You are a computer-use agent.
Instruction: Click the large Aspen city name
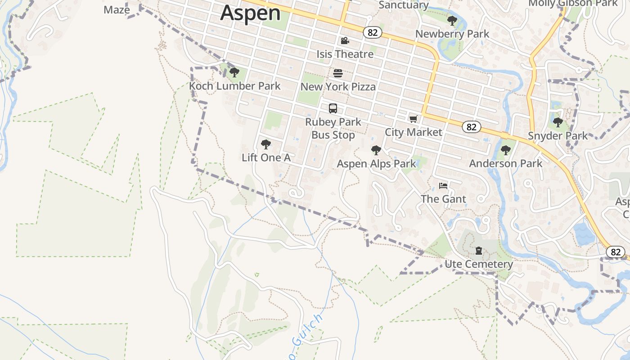250,13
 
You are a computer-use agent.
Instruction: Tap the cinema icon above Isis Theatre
345,41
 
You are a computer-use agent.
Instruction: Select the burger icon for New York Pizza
338,73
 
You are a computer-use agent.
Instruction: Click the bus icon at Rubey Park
333,108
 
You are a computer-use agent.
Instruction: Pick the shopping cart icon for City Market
413,119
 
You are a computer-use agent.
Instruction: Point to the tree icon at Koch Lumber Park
234,72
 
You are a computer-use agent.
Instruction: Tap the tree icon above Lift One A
266,144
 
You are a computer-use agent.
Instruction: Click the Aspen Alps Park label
376,164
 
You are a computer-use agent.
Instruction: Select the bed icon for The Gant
443,186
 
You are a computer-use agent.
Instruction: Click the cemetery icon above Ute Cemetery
479,251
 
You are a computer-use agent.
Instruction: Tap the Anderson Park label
506,163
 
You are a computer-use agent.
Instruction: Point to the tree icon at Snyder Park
558,122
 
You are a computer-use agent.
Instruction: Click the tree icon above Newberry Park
452,20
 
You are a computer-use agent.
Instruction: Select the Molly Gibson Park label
572,4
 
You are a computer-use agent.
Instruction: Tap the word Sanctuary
404,5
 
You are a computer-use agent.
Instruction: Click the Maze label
117,10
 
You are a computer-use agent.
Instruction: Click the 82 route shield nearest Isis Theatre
373,32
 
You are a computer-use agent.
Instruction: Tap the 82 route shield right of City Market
471,127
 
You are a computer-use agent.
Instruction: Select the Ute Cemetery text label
479,264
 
